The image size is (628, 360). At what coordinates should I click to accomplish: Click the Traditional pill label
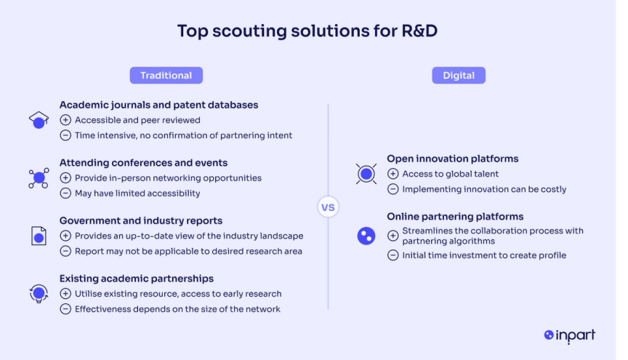click(x=166, y=76)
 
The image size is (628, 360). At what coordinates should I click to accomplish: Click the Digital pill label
click(x=459, y=76)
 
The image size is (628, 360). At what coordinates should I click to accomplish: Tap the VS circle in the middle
click(x=328, y=207)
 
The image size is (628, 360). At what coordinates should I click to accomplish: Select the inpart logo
click(x=569, y=335)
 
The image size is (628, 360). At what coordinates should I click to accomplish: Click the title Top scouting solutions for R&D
click(x=307, y=31)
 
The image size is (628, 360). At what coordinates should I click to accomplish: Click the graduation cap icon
click(x=39, y=120)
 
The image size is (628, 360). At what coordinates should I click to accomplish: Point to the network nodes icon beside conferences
click(x=39, y=177)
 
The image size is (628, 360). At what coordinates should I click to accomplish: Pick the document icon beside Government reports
click(x=39, y=236)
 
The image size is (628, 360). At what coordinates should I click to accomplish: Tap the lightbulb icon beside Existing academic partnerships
click(x=39, y=294)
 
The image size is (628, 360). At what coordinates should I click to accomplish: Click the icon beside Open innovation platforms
click(x=366, y=174)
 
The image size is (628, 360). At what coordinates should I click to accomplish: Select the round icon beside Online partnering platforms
click(x=366, y=236)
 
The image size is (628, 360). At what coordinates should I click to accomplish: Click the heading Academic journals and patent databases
click(x=158, y=105)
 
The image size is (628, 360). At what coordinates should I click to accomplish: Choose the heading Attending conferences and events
click(x=143, y=163)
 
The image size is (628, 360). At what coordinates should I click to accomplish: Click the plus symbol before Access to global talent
click(x=393, y=174)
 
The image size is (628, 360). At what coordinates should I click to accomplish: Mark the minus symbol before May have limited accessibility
click(x=65, y=193)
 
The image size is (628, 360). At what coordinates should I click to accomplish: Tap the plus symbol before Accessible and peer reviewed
click(x=65, y=120)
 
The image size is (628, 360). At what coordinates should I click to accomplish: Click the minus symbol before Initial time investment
click(x=393, y=255)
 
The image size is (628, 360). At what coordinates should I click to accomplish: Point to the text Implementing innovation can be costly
click(x=483, y=189)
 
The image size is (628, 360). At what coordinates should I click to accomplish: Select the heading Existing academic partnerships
click(x=136, y=279)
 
